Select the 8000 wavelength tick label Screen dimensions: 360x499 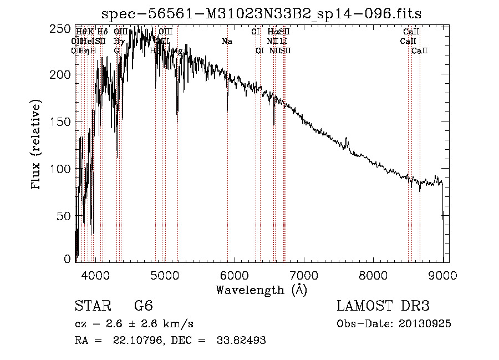coord(373,273)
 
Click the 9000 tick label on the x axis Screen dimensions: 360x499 coord(442,273)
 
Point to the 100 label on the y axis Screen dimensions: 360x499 coord(63,168)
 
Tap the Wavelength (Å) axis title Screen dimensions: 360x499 coord(261,290)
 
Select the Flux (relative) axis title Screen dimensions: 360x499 coord(37,145)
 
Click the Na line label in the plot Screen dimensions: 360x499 coord(227,42)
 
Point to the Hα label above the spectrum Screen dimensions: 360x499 coord(272,32)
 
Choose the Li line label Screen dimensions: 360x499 coord(283,42)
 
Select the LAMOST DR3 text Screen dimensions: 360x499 coord(383,306)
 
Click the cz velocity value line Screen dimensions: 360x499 coord(134,324)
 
